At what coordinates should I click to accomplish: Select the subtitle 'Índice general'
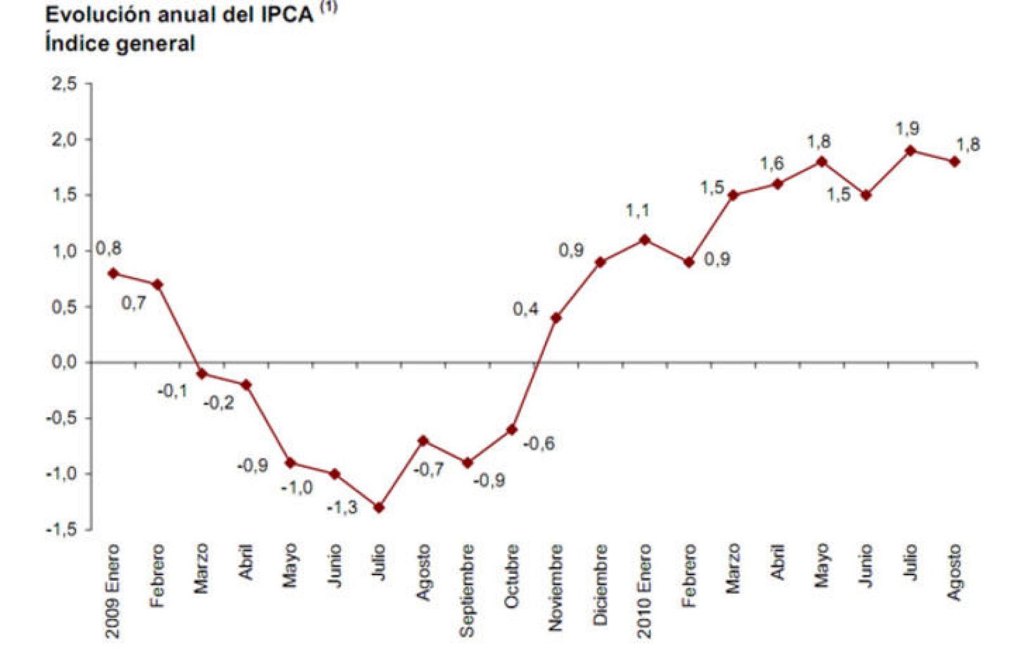pyautogui.click(x=120, y=44)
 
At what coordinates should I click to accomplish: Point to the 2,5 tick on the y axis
pyautogui.click(x=63, y=84)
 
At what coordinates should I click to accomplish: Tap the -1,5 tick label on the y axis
pyautogui.click(x=61, y=530)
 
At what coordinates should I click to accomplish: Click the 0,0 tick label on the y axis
pyautogui.click(x=63, y=363)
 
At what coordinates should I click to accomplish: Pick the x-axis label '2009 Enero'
pyautogui.click(x=113, y=590)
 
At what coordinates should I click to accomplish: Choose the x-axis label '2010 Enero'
pyautogui.click(x=645, y=590)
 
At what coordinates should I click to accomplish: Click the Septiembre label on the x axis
pyautogui.click(x=467, y=590)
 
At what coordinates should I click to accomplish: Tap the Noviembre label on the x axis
pyautogui.click(x=556, y=587)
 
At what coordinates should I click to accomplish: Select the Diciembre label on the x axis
pyautogui.click(x=600, y=584)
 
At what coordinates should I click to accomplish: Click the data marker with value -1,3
pyautogui.click(x=379, y=507)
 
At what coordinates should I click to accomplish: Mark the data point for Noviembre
pyautogui.click(x=556, y=318)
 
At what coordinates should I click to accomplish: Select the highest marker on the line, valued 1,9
pyautogui.click(x=911, y=150)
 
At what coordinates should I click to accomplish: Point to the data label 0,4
pyautogui.click(x=525, y=309)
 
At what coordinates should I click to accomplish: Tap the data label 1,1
pyautogui.click(x=638, y=211)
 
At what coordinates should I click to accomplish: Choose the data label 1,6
pyautogui.click(x=772, y=164)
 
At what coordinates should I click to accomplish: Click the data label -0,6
pyautogui.click(x=539, y=443)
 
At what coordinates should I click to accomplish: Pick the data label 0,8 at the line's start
pyautogui.click(x=108, y=249)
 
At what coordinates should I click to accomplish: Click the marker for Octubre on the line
pyautogui.click(x=511, y=429)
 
